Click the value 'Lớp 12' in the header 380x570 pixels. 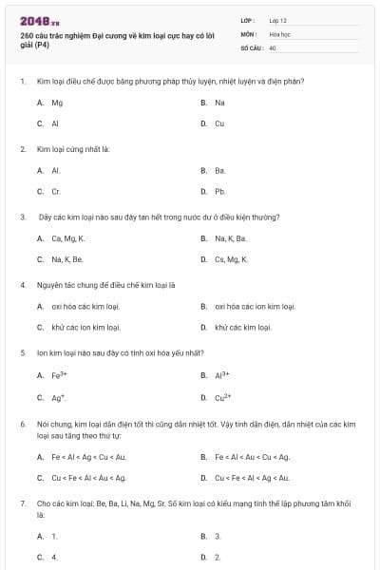[x=278, y=19]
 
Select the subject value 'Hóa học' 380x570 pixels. [x=281, y=33]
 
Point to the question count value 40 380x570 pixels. [x=273, y=47]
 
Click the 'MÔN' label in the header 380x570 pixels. [x=249, y=33]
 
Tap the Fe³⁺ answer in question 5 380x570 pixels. [x=59, y=375]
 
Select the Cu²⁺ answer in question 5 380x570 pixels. [x=223, y=397]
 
